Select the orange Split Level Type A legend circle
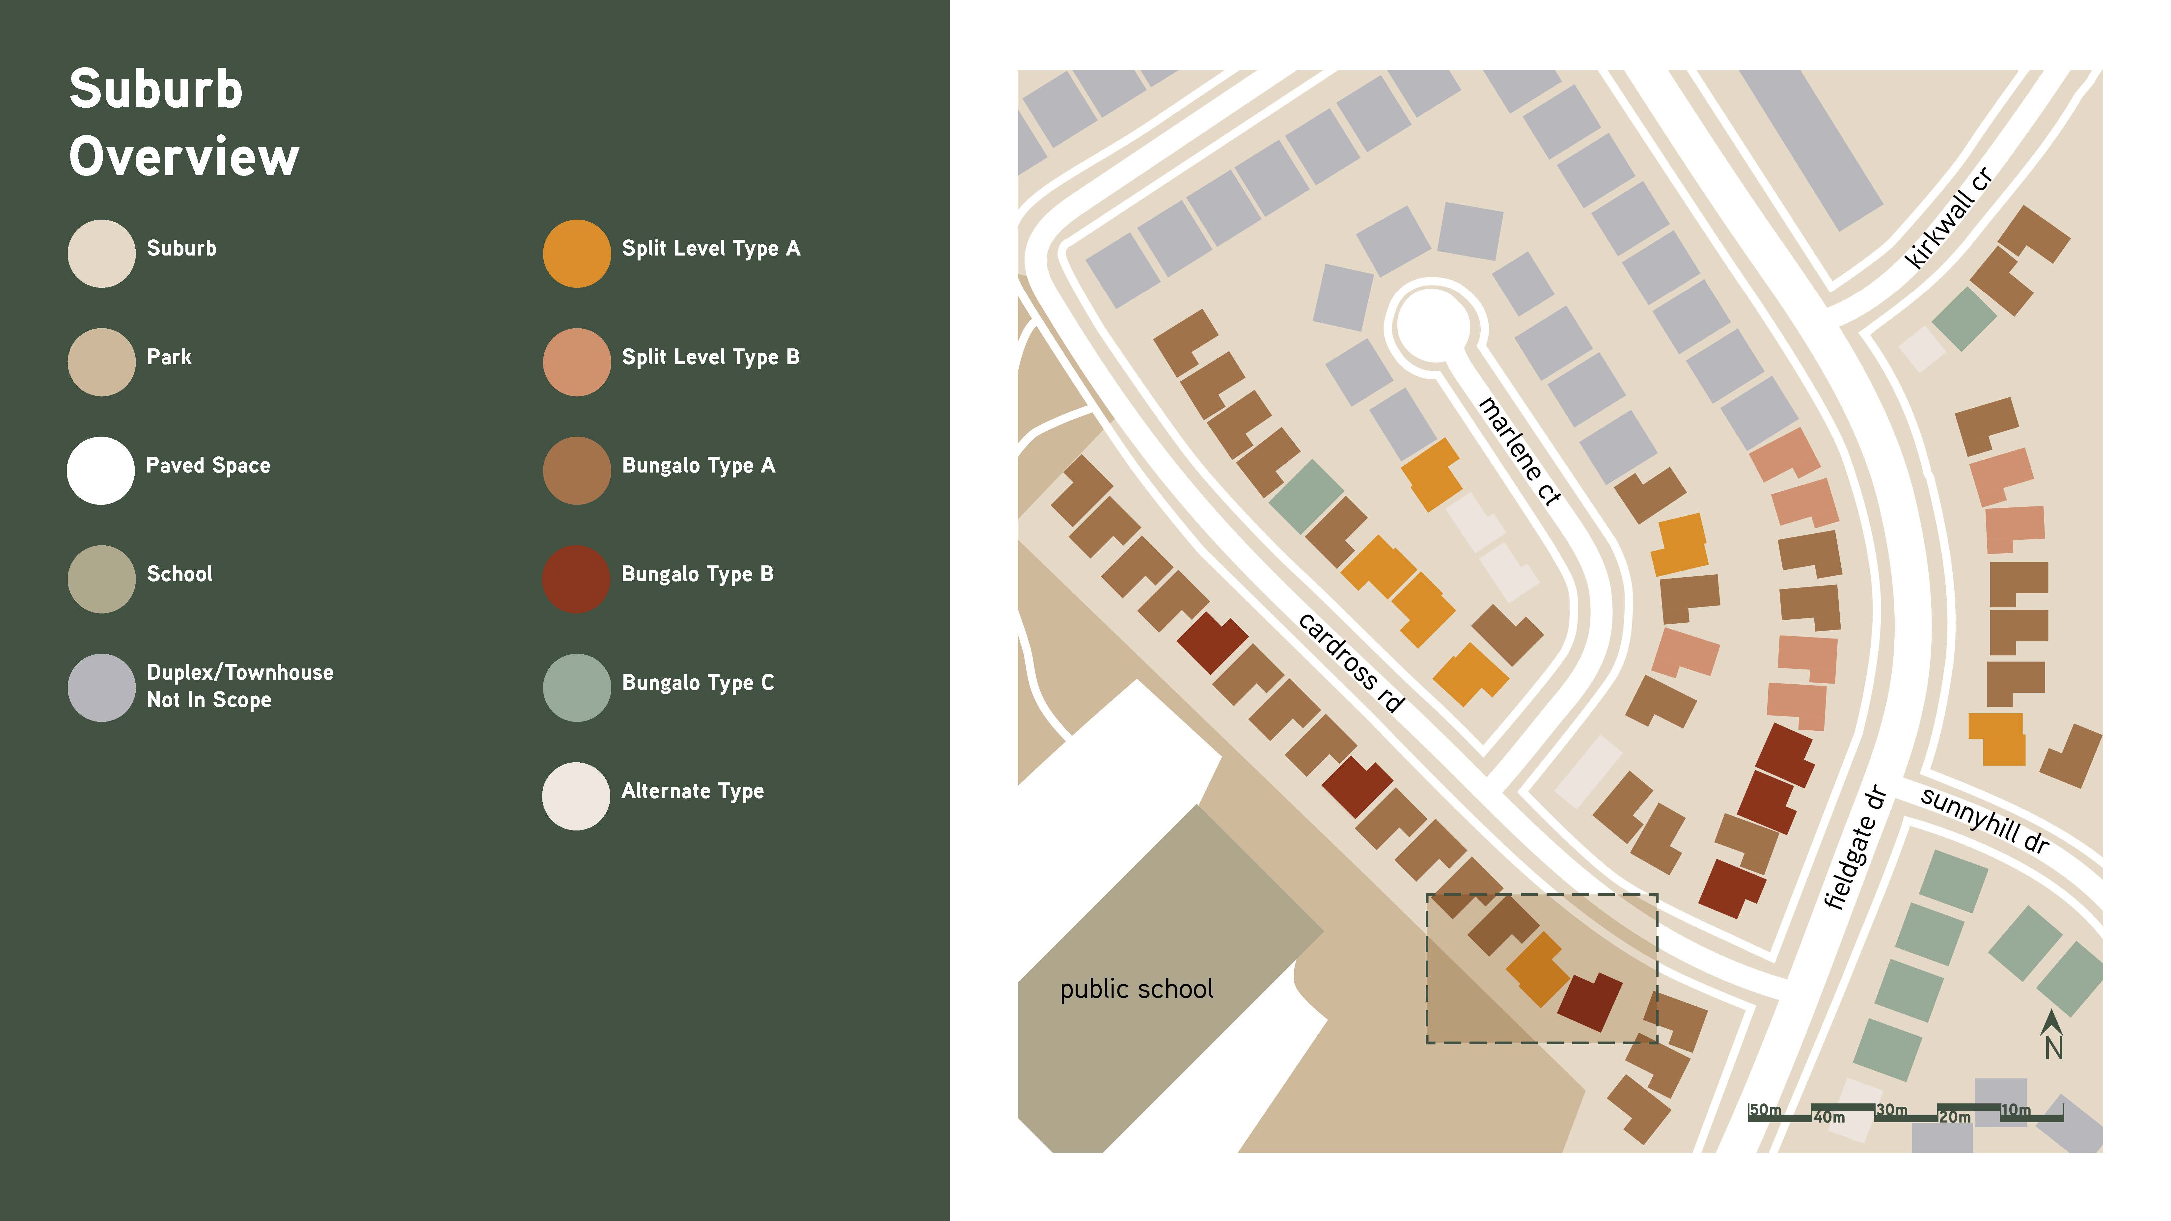576,254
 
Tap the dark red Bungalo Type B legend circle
576,579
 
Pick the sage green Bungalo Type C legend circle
576,688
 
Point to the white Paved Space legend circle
101,470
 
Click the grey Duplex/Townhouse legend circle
101,688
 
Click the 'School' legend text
179,574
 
